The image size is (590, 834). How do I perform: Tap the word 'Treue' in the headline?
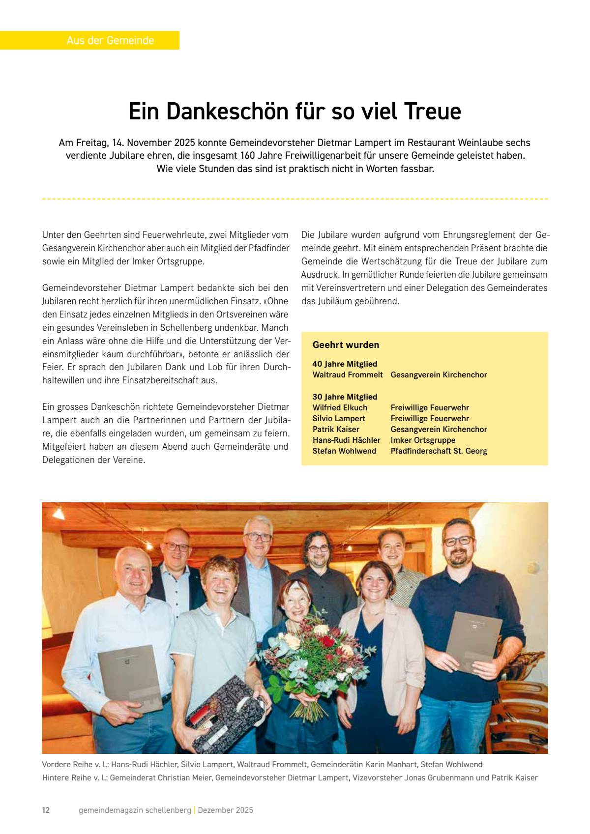click(433, 112)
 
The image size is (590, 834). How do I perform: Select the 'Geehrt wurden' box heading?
click(346, 345)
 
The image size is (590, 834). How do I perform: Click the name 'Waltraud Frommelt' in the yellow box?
click(348, 375)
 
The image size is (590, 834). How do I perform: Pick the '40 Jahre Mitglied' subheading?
click(345, 364)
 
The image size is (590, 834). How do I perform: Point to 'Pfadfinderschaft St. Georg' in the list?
click(439, 451)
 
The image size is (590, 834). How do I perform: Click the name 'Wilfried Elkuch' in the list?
click(340, 408)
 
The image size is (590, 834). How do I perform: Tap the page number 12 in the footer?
click(46, 810)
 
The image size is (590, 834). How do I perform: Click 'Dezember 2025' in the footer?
click(225, 810)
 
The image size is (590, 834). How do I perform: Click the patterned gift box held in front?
click(226, 713)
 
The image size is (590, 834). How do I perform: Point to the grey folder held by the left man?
click(131, 678)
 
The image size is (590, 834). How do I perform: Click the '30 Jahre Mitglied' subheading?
click(345, 397)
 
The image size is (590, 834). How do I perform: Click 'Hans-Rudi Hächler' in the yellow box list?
click(346, 440)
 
